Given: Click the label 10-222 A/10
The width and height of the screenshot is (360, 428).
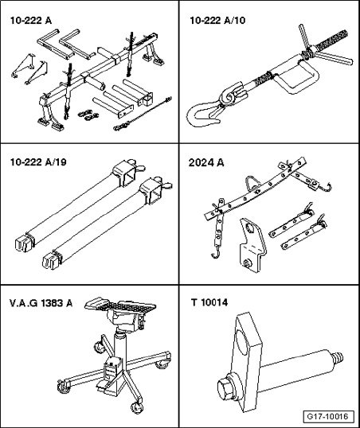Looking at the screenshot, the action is (217, 21).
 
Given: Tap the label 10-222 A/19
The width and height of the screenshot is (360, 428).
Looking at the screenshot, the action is (38, 162).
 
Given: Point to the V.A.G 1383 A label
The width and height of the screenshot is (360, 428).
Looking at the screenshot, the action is (41, 303).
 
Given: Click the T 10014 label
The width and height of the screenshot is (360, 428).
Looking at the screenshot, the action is (209, 302).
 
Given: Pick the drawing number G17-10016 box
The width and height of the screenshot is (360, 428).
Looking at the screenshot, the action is (329, 417).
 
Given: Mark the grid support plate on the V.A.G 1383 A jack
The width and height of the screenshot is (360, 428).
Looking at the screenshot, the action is (120, 305).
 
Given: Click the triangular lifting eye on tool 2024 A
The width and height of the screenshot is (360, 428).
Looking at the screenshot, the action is (252, 184).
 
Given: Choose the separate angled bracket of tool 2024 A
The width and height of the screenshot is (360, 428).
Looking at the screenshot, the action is (252, 244).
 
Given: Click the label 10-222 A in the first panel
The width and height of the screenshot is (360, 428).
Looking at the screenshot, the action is (30, 21).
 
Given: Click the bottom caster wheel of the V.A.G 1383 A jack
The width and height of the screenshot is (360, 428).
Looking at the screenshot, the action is (136, 408).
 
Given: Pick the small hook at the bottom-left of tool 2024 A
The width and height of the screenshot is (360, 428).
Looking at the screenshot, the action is (216, 255).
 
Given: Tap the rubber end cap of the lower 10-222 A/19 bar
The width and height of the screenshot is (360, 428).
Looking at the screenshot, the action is (51, 261).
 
